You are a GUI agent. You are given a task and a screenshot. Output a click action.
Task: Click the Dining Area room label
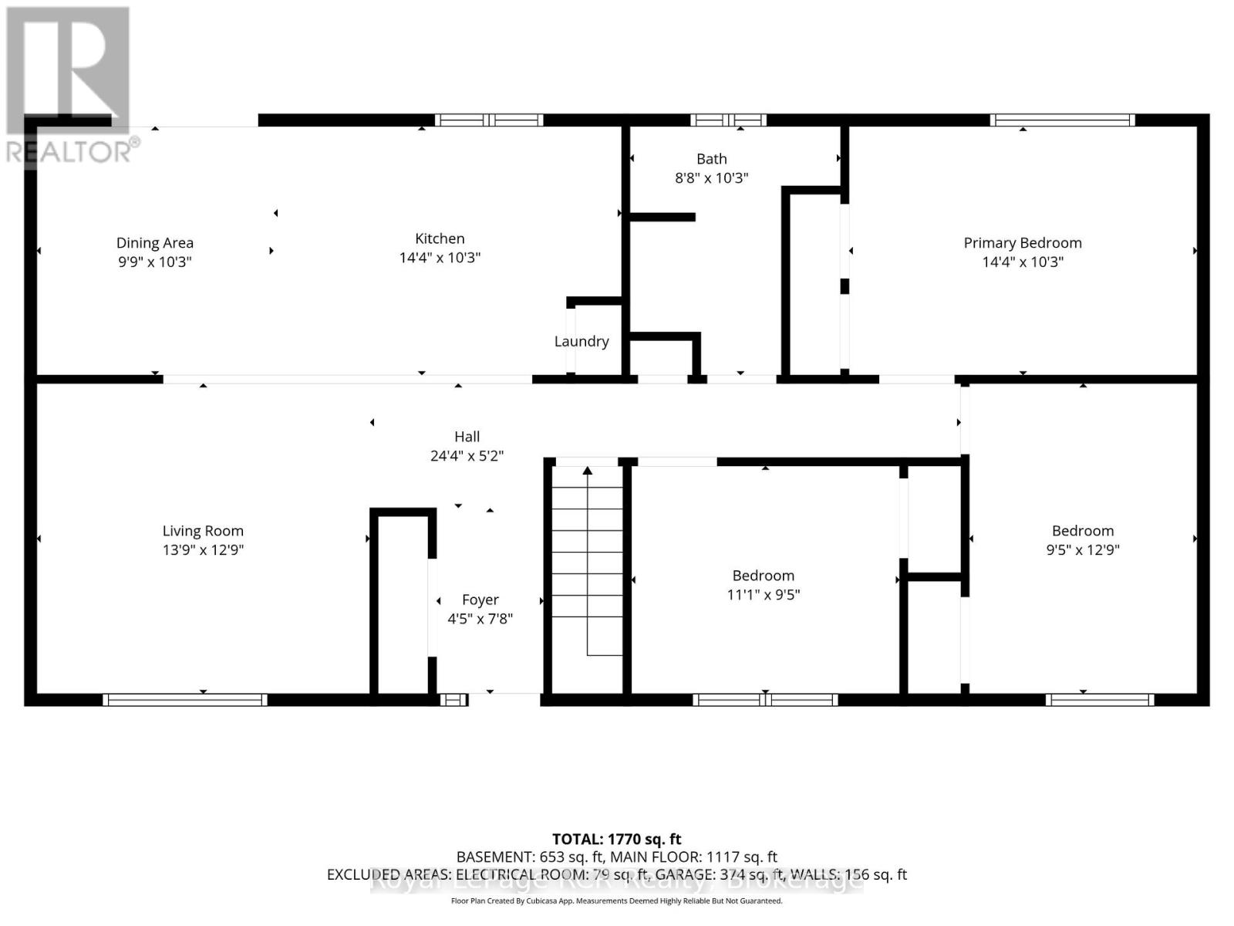tap(154, 243)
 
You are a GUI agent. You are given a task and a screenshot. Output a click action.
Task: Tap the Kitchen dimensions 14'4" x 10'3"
tap(440, 258)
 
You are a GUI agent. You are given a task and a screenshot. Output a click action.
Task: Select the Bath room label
tap(711, 159)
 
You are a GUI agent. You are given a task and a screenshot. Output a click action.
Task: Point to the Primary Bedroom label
tap(1022, 243)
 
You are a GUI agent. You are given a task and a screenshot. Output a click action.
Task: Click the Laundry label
tap(582, 341)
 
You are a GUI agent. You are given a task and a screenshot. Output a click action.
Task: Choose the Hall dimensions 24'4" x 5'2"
tap(467, 456)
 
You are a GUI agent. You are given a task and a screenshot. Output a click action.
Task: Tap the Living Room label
tap(203, 531)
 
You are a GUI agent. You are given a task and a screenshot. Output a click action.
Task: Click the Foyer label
tap(480, 600)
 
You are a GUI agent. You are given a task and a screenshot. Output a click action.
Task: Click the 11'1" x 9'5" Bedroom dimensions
tap(763, 595)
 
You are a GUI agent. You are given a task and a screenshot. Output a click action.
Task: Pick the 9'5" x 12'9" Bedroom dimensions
tap(1082, 550)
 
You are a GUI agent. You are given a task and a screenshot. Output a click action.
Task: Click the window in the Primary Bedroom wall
tap(1062, 120)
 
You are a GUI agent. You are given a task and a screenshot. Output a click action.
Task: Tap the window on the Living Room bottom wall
tap(185, 700)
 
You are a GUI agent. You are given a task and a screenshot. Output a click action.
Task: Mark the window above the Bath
tap(728, 120)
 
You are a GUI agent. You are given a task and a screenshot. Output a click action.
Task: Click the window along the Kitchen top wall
tap(489, 120)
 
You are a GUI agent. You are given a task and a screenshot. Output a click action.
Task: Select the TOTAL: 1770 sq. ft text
tap(616, 839)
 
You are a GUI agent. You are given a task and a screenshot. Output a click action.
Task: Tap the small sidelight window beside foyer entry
tap(453, 700)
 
